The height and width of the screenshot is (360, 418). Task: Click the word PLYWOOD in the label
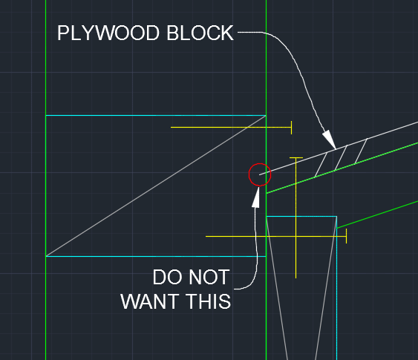click(x=108, y=33)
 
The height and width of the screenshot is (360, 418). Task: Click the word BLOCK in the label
click(x=200, y=33)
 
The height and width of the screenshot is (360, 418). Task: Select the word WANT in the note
click(x=150, y=301)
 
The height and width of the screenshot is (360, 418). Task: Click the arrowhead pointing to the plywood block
click(x=329, y=139)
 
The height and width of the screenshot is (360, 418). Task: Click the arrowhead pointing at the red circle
click(x=256, y=197)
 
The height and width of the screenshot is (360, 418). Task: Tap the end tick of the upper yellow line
click(x=291, y=128)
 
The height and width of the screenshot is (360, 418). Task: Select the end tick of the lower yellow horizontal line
click(x=346, y=236)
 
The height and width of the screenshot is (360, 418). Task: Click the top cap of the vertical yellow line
click(x=296, y=158)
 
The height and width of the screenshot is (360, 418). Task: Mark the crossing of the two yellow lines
click(x=296, y=236)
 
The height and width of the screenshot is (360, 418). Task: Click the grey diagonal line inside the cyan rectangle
click(x=156, y=186)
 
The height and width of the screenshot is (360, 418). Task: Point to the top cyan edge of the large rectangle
click(x=156, y=115)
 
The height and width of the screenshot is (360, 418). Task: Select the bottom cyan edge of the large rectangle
click(x=156, y=256)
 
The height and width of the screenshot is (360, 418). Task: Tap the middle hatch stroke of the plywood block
click(x=341, y=158)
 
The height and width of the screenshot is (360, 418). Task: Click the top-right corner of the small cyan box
click(x=336, y=217)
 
